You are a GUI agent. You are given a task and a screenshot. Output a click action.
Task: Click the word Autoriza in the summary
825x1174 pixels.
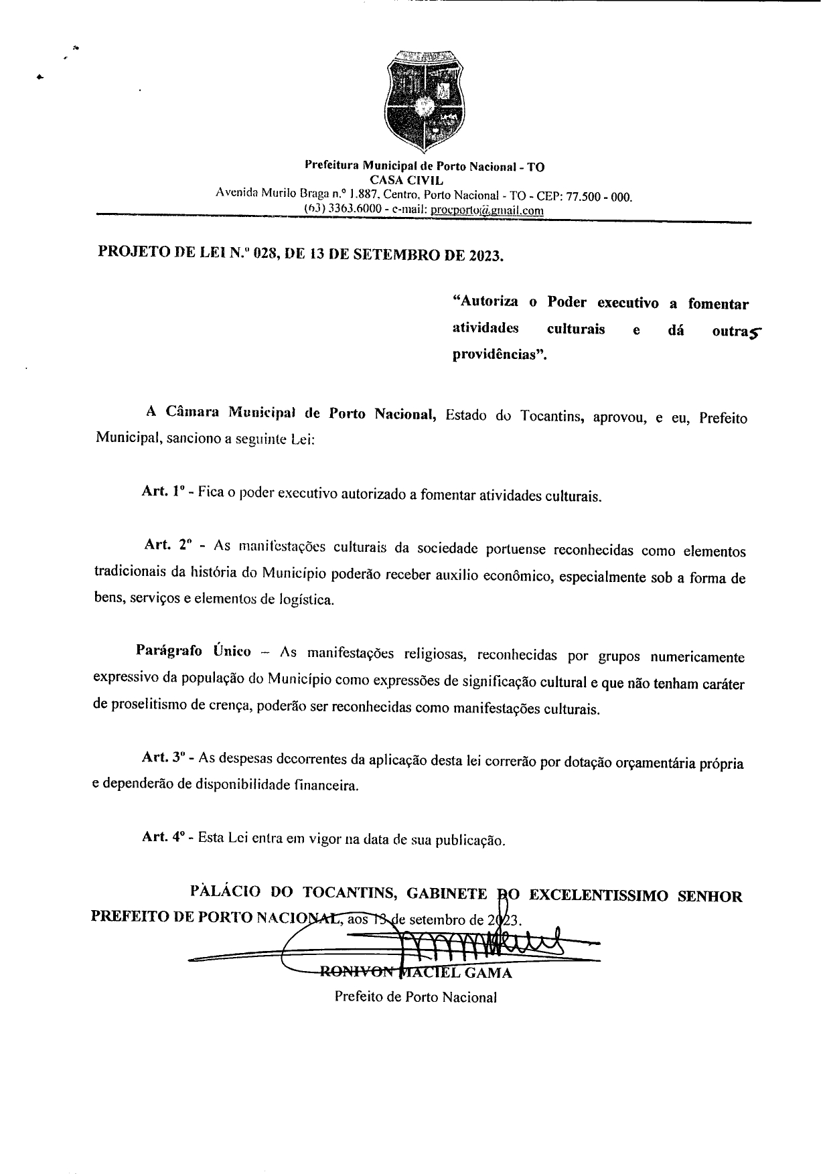(485, 302)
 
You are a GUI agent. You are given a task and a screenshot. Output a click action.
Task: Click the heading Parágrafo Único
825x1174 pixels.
(193, 650)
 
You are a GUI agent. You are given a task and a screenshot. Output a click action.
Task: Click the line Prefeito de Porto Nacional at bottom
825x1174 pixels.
(415, 997)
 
